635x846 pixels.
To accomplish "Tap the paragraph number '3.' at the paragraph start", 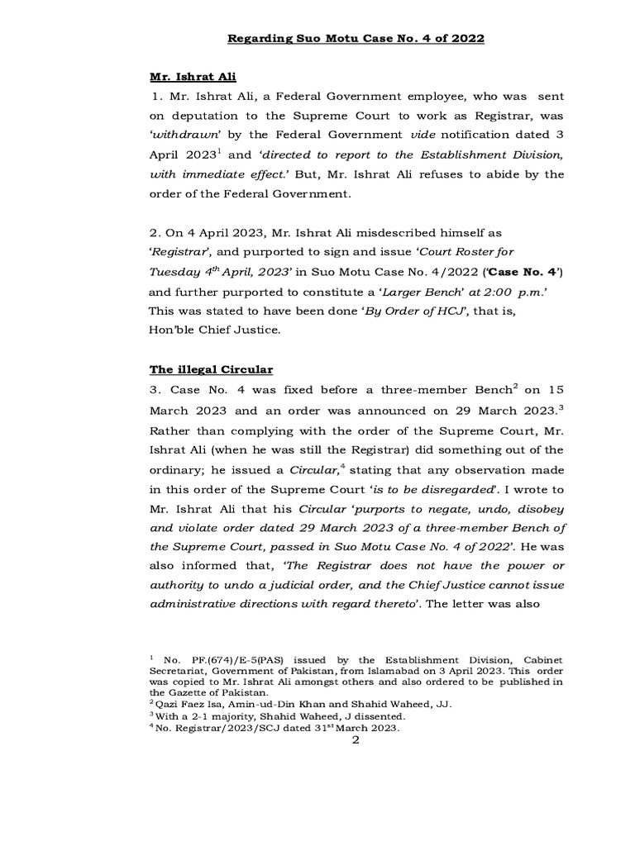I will pos(155,390).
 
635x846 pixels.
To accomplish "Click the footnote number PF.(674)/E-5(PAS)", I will pos(221,660).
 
